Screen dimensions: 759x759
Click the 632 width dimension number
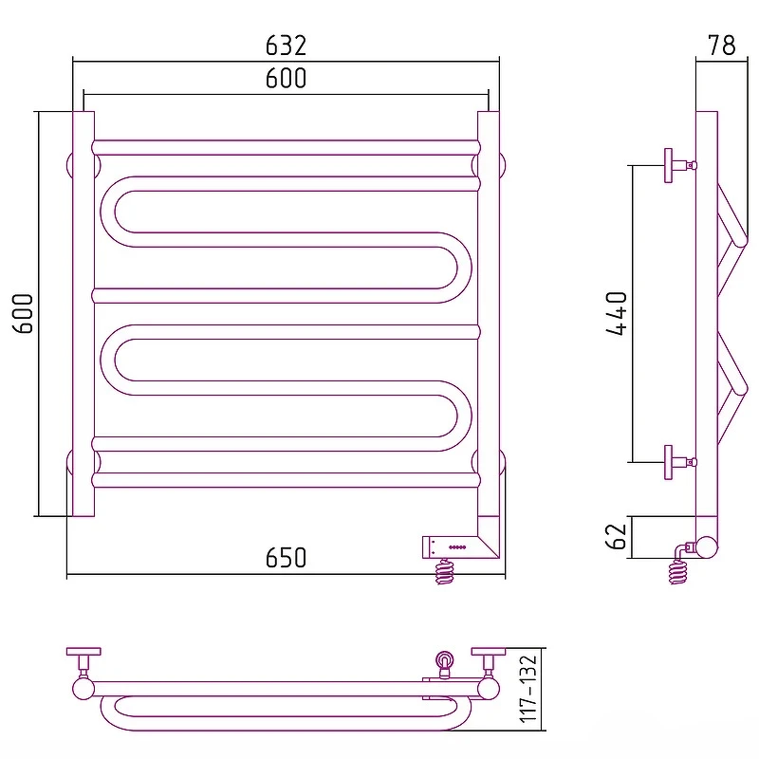point(287,46)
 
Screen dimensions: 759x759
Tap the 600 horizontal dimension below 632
point(287,78)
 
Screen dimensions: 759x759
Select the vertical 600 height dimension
point(23,313)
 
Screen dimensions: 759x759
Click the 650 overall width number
point(287,558)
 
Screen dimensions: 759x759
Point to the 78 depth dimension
point(722,45)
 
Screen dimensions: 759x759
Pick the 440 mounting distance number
point(617,313)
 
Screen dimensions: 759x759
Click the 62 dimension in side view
point(617,536)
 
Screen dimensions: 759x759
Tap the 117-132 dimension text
point(528,689)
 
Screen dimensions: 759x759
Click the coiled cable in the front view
point(444,572)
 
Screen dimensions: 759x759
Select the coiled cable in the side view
point(678,572)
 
